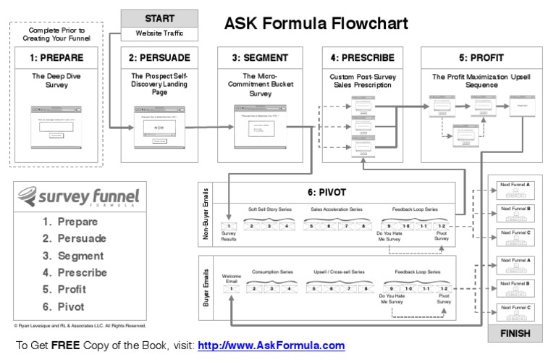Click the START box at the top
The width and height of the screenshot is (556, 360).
click(160, 17)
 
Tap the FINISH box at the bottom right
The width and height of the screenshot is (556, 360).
click(515, 334)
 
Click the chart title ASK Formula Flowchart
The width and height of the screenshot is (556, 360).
click(316, 24)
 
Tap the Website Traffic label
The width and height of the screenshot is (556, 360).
click(160, 34)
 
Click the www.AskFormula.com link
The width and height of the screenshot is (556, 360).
click(271, 346)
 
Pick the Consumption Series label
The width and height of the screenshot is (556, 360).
click(269, 272)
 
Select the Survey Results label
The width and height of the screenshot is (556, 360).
click(229, 237)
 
